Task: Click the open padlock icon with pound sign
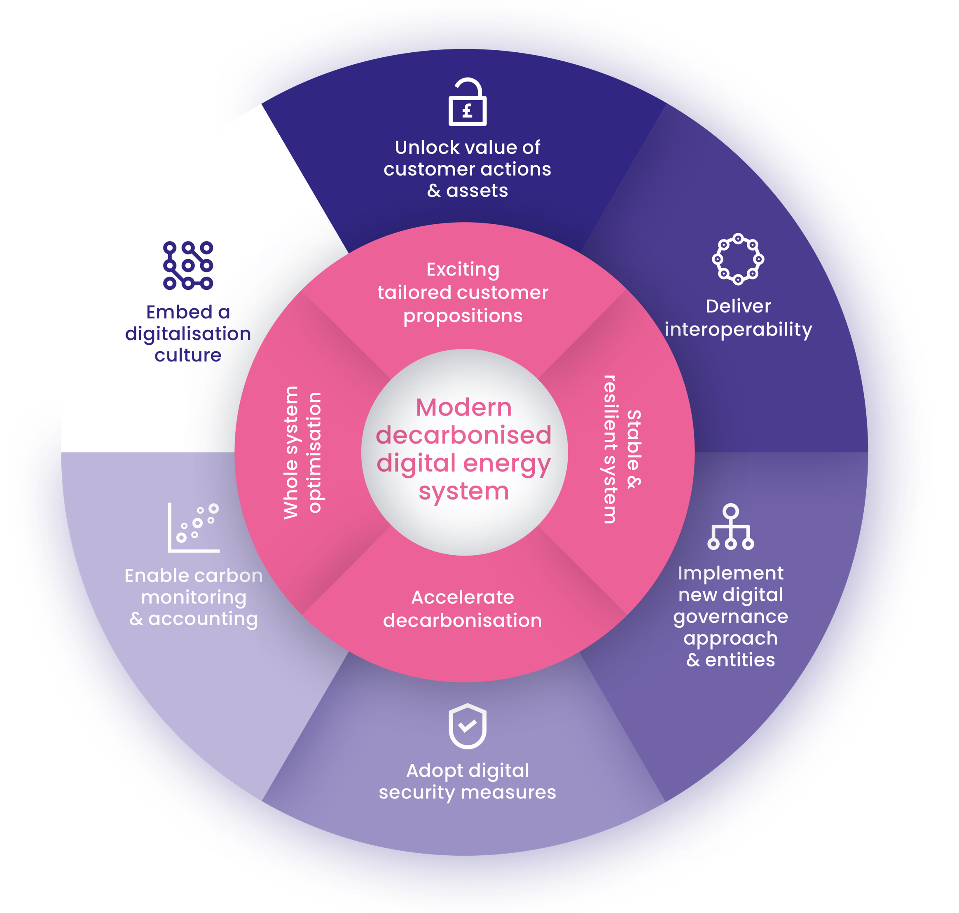[x=467, y=103]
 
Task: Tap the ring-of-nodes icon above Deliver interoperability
[x=738, y=259]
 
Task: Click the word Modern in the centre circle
[x=464, y=407]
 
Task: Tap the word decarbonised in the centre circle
[x=464, y=435]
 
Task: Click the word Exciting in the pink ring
[x=463, y=270]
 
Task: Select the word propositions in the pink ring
[x=463, y=316]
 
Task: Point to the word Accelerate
[x=463, y=597]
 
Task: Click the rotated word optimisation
[x=315, y=453]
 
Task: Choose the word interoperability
[x=738, y=329]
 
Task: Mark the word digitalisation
[x=188, y=334]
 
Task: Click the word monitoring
[x=194, y=597]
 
